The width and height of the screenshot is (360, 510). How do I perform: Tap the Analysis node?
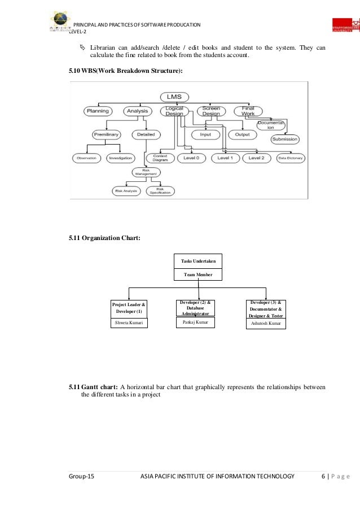pyautogui.click(x=137, y=111)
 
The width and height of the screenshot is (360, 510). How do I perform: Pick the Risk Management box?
pyautogui.click(x=146, y=173)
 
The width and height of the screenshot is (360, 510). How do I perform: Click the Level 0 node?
pyautogui.click(x=191, y=158)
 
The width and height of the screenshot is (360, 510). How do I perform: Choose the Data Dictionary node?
pyautogui.click(x=291, y=159)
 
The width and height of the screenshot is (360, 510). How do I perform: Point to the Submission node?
pyautogui.click(x=285, y=139)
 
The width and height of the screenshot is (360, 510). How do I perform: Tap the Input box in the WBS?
pyautogui.click(x=205, y=134)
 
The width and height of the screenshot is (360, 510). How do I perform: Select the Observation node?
pyautogui.click(x=87, y=159)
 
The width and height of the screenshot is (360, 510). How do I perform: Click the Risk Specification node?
pyautogui.click(x=160, y=191)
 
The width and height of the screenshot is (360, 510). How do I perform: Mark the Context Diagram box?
pyautogui.click(x=160, y=158)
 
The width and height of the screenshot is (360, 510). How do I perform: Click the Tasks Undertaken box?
pyautogui.click(x=198, y=261)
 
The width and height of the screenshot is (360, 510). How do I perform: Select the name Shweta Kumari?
pyautogui.click(x=129, y=323)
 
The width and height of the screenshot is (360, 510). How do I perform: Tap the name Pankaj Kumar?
pyautogui.click(x=195, y=322)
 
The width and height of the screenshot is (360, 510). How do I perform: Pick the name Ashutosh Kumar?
pyautogui.click(x=266, y=324)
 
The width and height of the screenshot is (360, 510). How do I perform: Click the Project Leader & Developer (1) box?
pyautogui.click(x=129, y=308)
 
